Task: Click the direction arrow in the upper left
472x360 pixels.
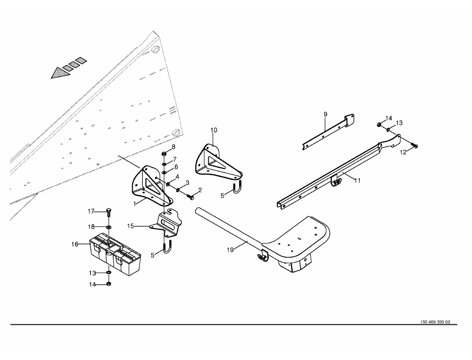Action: click(68, 68)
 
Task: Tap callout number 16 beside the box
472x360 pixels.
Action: click(75, 244)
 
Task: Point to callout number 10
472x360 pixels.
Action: click(214, 130)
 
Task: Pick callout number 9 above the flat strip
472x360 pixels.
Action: click(325, 115)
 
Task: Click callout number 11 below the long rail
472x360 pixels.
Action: click(357, 181)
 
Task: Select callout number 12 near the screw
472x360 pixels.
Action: click(403, 152)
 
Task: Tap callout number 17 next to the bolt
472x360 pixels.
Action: click(91, 211)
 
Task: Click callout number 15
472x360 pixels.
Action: click(131, 226)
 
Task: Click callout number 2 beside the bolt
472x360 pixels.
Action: click(200, 190)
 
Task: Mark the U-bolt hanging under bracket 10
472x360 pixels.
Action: click(238, 191)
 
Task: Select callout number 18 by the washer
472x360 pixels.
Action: click(91, 226)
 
